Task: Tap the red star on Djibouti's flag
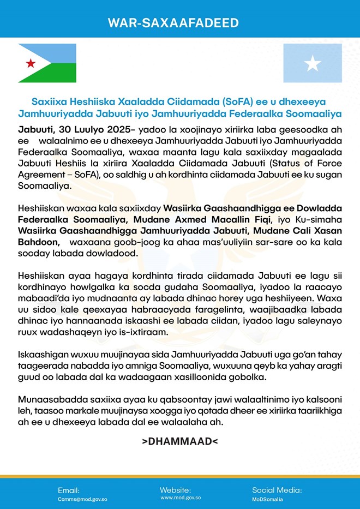pyautogui.click(x=31, y=63)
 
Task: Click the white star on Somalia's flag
pyautogui.click(x=313, y=64)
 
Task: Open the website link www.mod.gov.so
pyautogui.click(x=181, y=498)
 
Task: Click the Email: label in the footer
pyautogui.click(x=69, y=490)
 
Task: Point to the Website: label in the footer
pyautogui.click(x=175, y=489)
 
